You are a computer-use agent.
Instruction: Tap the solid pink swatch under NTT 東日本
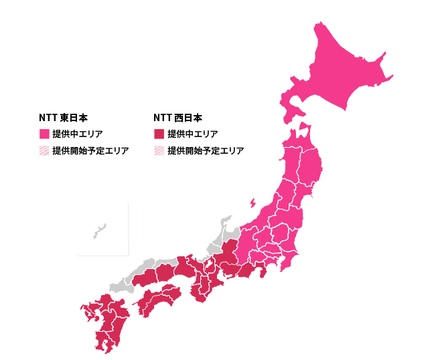coord(44,134)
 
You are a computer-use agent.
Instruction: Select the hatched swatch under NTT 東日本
coord(44,151)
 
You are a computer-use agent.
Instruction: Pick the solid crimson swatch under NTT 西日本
coord(159,134)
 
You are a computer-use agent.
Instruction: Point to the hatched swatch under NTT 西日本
coord(159,151)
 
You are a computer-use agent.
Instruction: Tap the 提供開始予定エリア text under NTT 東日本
coord(90,151)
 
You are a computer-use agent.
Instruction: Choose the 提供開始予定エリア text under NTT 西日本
coord(206,151)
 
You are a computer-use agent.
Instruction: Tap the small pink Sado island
coord(253,202)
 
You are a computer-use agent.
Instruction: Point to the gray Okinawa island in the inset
coord(99,231)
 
